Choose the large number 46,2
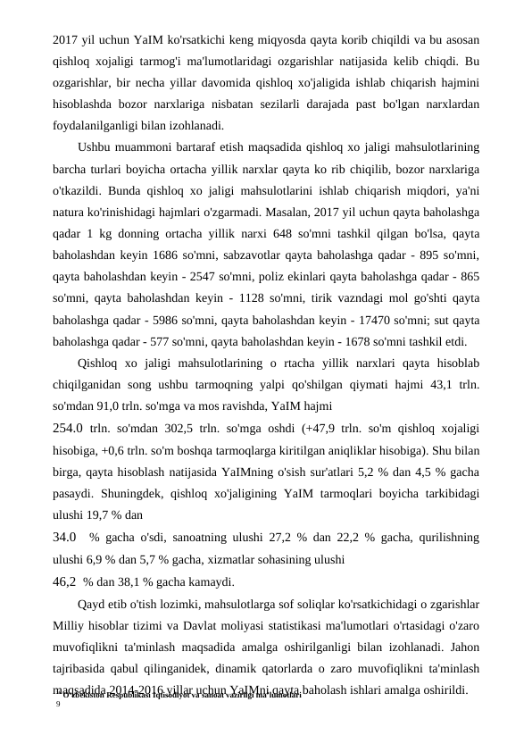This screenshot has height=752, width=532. click(x=65, y=581)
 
